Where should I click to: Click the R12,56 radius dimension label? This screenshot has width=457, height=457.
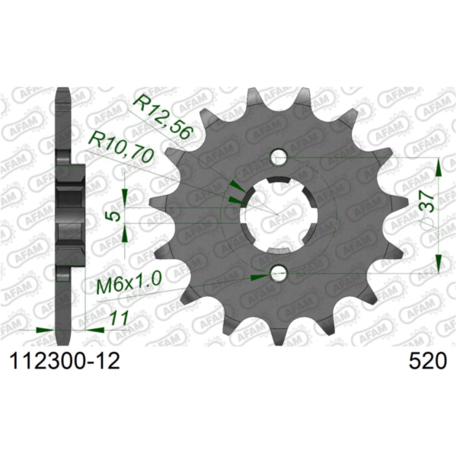[162, 115]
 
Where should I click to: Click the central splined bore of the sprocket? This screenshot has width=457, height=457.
[279, 215]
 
